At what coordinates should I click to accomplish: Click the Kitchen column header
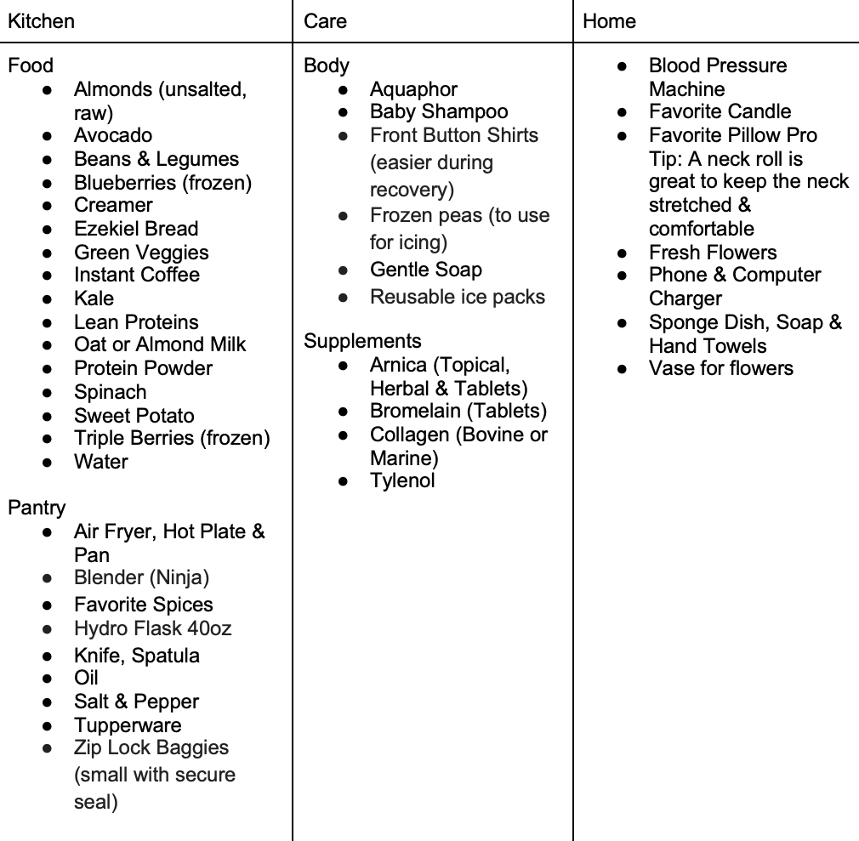41,21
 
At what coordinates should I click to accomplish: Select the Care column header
325,21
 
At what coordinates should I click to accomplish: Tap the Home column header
609,21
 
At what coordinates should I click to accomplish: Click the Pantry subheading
37,508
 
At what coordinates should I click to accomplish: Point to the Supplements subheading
362,341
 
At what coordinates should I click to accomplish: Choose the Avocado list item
113,135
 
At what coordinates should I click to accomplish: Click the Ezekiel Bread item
136,229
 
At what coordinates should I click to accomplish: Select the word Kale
94,298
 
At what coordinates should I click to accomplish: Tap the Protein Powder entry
143,368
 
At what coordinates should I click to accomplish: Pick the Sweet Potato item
134,416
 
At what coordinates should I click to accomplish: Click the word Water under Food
101,462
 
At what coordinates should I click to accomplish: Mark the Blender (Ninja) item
141,577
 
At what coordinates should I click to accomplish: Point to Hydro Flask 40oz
153,628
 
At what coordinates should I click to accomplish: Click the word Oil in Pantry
86,678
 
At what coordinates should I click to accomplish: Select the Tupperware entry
128,725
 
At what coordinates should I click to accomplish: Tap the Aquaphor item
413,89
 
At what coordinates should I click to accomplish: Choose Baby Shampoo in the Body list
439,111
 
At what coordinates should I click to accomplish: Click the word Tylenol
402,480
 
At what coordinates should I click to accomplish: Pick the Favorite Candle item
720,111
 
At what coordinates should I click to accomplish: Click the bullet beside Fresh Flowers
623,253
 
